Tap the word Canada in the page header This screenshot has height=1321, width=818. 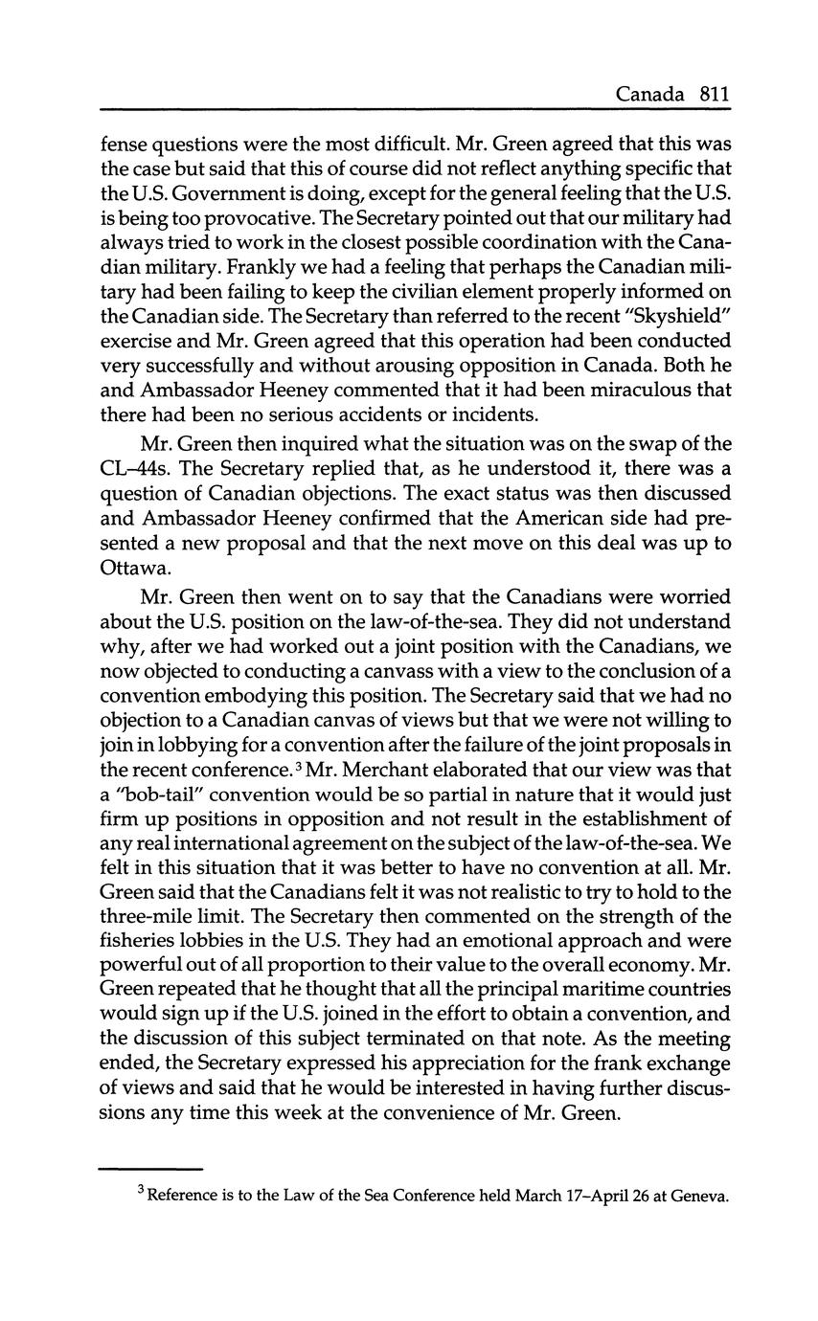pyautogui.click(x=650, y=94)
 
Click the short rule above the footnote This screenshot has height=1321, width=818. pyautogui.click(x=150, y=1168)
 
